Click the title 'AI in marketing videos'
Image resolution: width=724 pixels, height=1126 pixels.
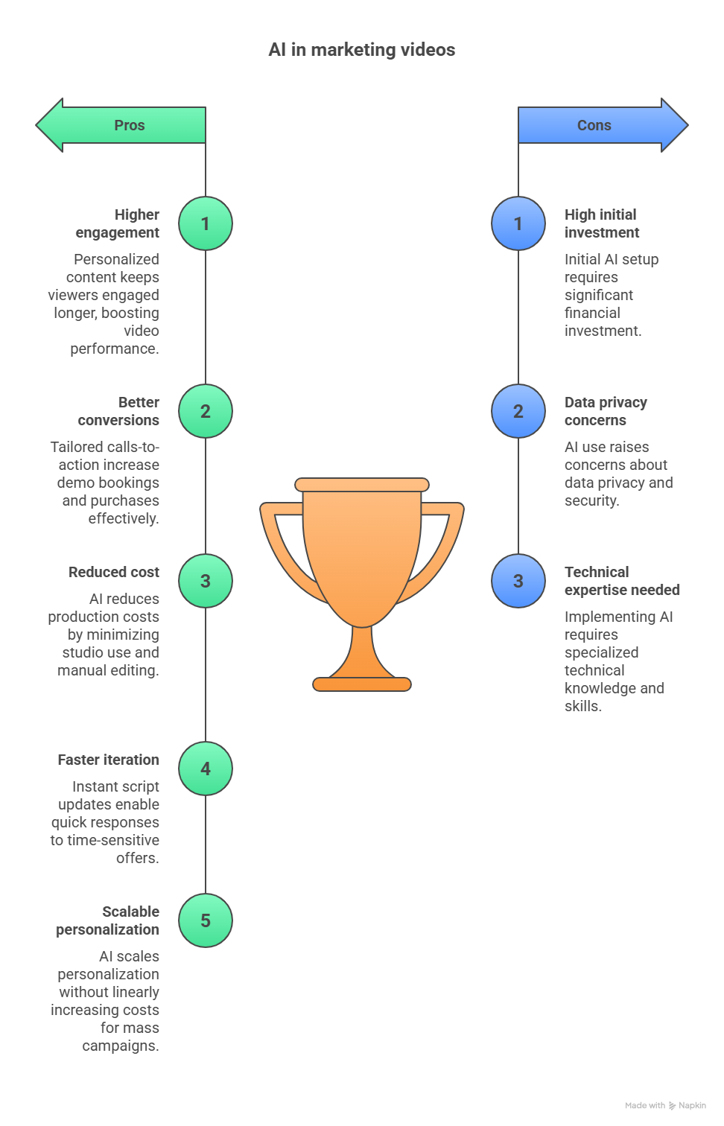(x=361, y=50)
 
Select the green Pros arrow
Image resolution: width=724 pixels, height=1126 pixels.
(x=123, y=125)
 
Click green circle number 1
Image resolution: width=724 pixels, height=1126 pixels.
(x=206, y=223)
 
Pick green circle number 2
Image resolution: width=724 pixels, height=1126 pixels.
(x=206, y=411)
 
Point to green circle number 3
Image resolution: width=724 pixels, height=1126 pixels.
(x=206, y=581)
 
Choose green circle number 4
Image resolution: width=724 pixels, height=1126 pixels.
(x=206, y=769)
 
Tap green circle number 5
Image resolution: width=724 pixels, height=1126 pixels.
(x=206, y=920)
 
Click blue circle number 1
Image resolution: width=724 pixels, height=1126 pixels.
(x=518, y=223)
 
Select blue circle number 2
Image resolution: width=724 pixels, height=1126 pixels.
(x=518, y=411)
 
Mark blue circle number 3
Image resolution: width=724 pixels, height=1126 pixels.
(x=518, y=581)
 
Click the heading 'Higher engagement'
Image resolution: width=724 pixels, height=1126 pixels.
(x=119, y=223)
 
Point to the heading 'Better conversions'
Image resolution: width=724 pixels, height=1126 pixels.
(x=121, y=411)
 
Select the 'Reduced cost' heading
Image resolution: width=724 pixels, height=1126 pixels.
(x=114, y=572)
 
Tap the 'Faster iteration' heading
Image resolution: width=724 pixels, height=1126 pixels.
(x=109, y=760)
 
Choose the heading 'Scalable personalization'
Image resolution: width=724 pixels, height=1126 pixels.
(x=109, y=920)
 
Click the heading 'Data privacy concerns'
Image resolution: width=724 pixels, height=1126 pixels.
(x=606, y=411)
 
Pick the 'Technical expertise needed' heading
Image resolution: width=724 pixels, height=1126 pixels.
(x=622, y=581)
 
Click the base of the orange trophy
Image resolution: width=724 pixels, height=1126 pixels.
(x=362, y=684)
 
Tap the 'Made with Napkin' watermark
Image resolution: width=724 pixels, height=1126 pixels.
(x=665, y=1106)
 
